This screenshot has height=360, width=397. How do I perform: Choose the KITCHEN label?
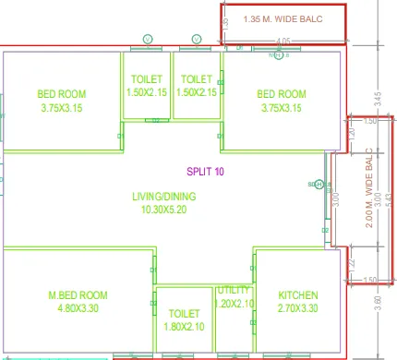297,295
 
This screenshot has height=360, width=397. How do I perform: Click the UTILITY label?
235,290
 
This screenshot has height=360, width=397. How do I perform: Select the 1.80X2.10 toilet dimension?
184,327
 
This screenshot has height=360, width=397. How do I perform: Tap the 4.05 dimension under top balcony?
283,41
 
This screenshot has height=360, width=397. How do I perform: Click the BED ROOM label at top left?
62,93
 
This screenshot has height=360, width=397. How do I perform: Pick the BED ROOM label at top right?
282,93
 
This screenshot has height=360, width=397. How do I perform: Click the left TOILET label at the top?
146,79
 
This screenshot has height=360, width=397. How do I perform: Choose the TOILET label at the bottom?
184,313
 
